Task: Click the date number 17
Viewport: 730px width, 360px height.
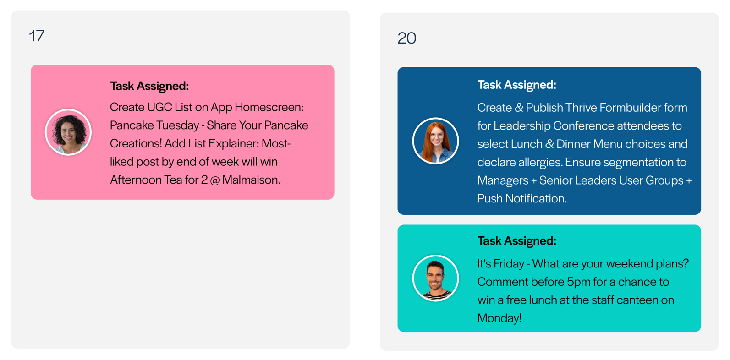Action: click(x=37, y=36)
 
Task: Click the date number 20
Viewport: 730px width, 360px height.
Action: click(x=406, y=38)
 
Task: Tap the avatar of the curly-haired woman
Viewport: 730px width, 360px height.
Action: click(x=68, y=132)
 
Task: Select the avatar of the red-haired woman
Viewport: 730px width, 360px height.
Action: click(x=435, y=141)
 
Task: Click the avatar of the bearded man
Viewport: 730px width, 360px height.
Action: click(x=435, y=278)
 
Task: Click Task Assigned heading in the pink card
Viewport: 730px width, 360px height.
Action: click(x=149, y=86)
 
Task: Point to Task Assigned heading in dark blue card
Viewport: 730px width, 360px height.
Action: click(x=516, y=85)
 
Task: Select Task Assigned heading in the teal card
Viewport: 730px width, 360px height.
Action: click(x=516, y=241)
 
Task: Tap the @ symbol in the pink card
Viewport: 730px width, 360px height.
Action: click(x=214, y=180)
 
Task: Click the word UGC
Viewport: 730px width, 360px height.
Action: click(x=159, y=107)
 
